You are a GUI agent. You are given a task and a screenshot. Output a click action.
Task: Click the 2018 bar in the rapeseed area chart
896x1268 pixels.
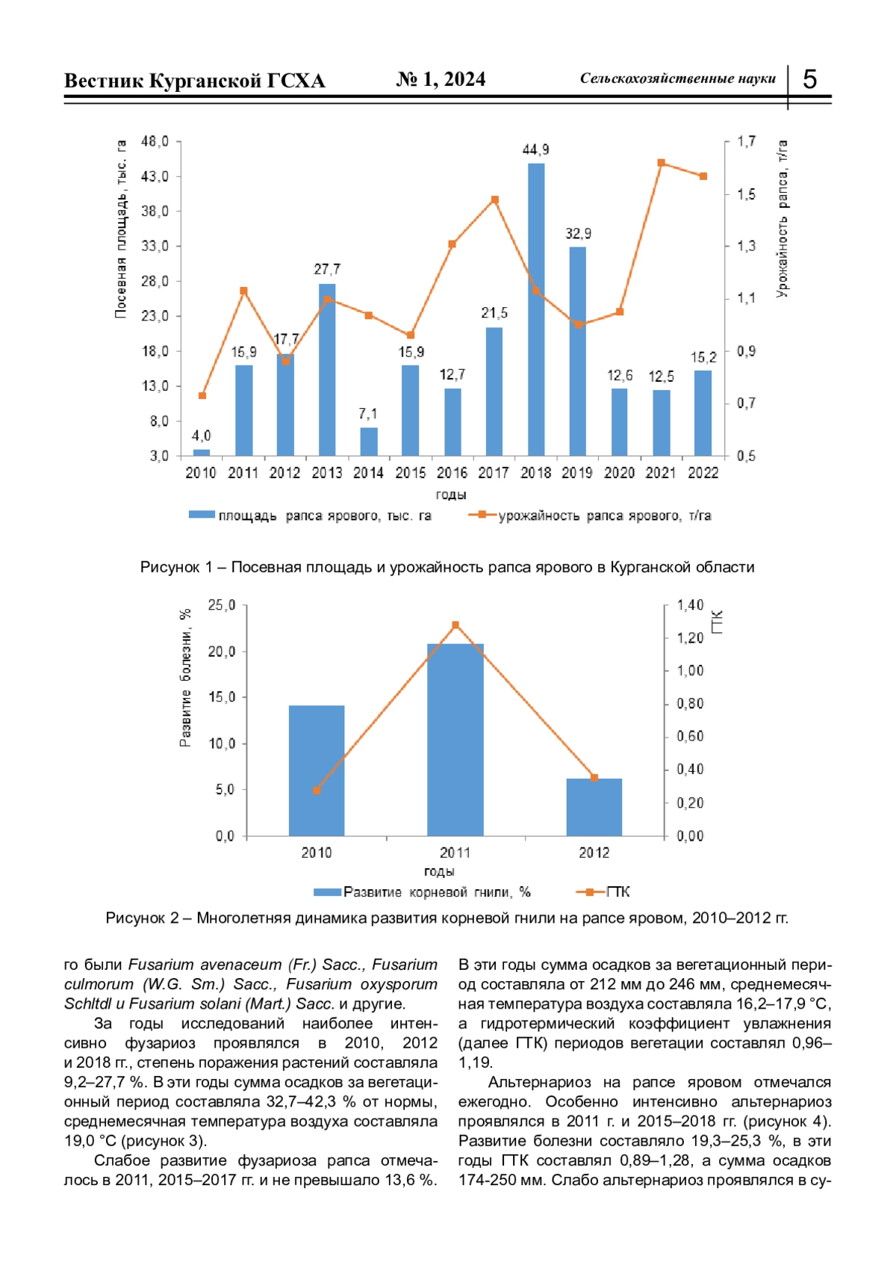[x=535, y=309]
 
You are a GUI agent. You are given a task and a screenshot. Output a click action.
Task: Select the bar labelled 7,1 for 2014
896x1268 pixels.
[x=369, y=442]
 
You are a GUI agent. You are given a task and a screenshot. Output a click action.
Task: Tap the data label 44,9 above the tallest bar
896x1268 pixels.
[x=535, y=150]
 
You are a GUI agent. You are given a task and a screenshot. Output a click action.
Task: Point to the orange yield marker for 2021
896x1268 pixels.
[x=662, y=163]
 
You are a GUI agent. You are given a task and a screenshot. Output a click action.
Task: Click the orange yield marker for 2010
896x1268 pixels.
[x=202, y=396]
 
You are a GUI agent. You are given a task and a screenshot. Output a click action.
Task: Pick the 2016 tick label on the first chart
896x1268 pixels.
[x=452, y=473]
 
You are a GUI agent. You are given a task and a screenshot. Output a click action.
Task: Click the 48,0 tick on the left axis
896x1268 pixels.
[x=155, y=141]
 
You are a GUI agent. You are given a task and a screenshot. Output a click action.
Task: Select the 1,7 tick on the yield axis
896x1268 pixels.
[x=746, y=141]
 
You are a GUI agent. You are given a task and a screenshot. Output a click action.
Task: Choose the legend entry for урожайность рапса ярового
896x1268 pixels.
[x=589, y=516]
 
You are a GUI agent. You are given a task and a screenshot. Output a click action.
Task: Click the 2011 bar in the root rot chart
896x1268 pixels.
[x=455, y=740]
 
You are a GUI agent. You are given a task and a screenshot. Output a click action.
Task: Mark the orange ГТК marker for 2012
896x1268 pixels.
[x=594, y=778]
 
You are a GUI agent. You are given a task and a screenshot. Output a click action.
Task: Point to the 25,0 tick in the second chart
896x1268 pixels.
[x=222, y=605]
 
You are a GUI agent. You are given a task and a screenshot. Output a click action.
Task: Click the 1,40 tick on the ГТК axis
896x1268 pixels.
[x=690, y=605]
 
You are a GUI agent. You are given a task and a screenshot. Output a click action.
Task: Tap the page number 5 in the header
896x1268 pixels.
[x=810, y=79]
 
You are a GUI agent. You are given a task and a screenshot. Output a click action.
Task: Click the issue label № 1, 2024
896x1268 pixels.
[x=441, y=79]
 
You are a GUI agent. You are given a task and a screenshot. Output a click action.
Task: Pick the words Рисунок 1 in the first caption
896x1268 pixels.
[x=176, y=567]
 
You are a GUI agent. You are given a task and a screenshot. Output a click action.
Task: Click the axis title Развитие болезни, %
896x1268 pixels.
[x=185, y=678]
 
